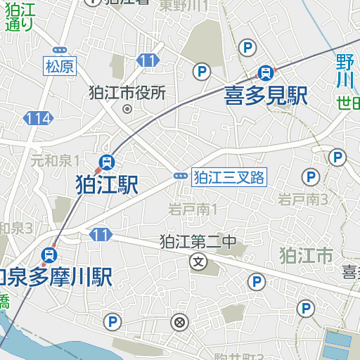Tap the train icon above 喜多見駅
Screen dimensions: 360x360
tap(266, 72)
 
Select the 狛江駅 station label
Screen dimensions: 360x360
tap(107, 185)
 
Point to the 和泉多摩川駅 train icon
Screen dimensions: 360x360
tap(50, 254)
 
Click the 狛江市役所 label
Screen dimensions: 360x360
tap(127, 92)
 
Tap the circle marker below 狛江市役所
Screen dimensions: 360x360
tap(127, 109)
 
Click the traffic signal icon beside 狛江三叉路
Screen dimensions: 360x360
tap(181, 176)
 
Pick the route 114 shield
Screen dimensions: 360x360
tap(37, 118)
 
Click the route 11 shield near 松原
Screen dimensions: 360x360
tap(147, 61)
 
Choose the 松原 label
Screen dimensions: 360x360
tap(59, 67)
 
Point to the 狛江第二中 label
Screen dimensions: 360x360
tap(198, 243)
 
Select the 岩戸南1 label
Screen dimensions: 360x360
tap(193, 209)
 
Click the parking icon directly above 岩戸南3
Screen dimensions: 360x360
tap(309, 176)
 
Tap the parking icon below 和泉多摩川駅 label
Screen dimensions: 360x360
tap(111, 322)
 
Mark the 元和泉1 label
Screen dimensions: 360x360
tap(55, 160)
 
